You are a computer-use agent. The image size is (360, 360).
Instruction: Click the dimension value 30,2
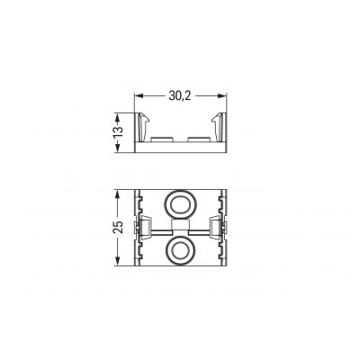180,95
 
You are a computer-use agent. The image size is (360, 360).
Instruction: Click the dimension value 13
118,132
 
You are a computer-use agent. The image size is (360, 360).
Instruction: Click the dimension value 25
118,228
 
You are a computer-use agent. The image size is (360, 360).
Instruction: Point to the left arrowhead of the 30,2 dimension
139,96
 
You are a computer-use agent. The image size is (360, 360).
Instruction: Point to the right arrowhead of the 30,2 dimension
222,96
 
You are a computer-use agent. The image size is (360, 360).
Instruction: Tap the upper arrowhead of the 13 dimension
118,117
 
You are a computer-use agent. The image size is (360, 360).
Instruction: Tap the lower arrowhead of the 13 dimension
118,148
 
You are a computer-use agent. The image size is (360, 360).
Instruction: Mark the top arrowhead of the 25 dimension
118,193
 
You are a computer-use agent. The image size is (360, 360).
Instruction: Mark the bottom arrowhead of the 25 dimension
118,261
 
